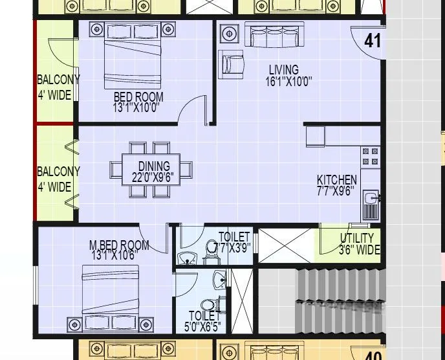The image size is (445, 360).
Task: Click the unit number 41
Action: point(373,41)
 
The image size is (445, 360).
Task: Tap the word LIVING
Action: point(284,70)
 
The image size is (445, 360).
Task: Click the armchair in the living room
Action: point(232,63)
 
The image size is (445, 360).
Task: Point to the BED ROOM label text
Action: point(138,97)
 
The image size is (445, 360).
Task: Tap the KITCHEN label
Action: point(336,180)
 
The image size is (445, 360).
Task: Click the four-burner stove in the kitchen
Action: point(371,156)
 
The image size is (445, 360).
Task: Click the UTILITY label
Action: point(356,238)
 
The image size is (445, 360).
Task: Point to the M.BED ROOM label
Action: point(119,245)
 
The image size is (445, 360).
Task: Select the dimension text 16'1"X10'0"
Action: point(288,82)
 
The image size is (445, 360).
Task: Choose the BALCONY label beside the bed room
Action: point(58,80)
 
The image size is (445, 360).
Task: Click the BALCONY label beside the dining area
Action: point(58,172)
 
